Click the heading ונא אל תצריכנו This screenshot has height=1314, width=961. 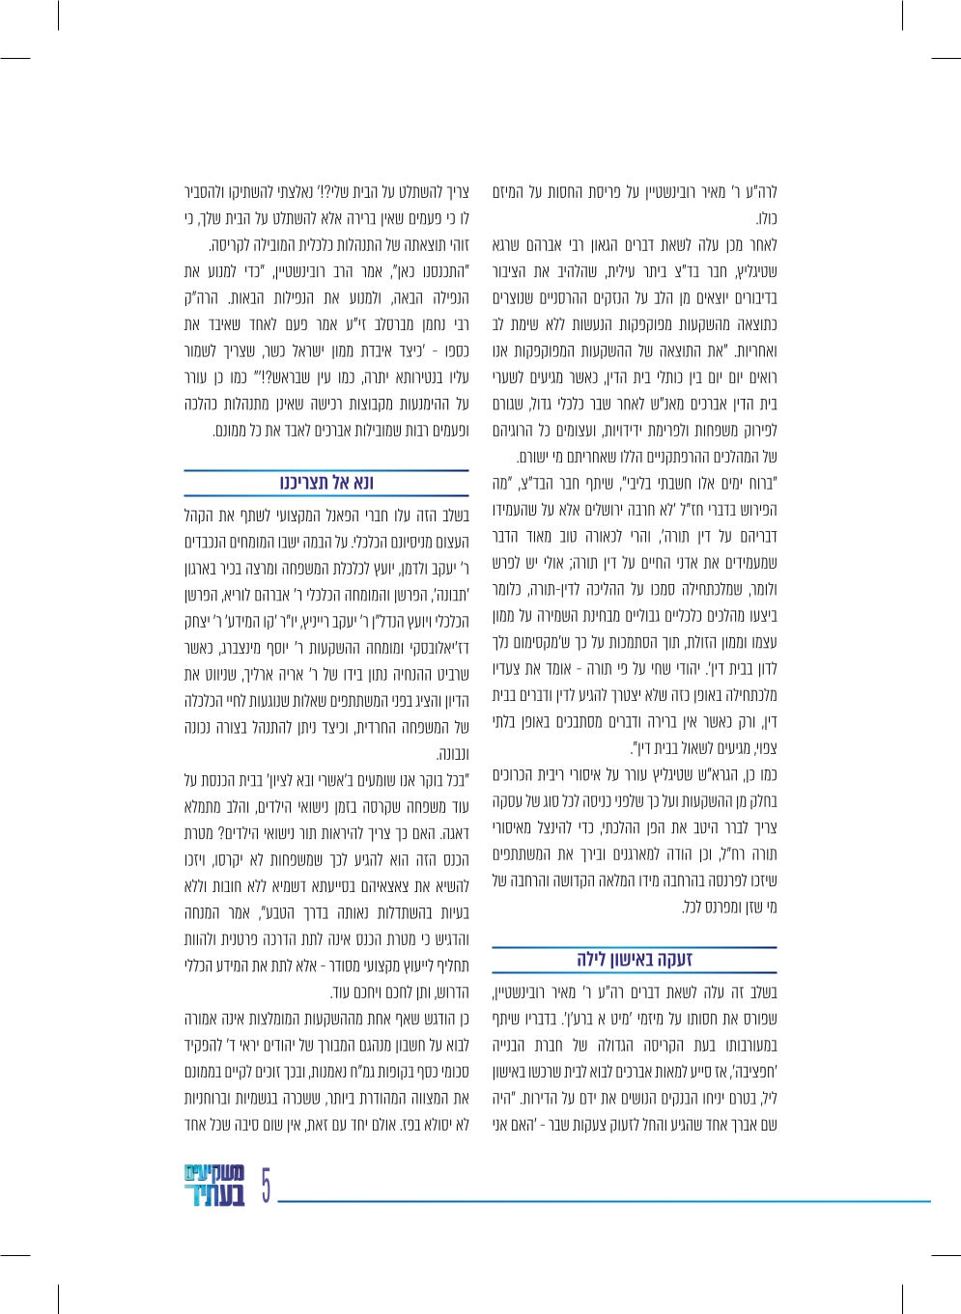(326, 483)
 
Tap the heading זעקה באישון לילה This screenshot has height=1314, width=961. (635, 960)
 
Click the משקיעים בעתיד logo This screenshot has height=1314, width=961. (214, 1186)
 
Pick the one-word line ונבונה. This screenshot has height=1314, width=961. (452, 754)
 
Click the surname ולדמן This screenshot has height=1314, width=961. (410, 569)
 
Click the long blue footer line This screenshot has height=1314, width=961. (604, 1201)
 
